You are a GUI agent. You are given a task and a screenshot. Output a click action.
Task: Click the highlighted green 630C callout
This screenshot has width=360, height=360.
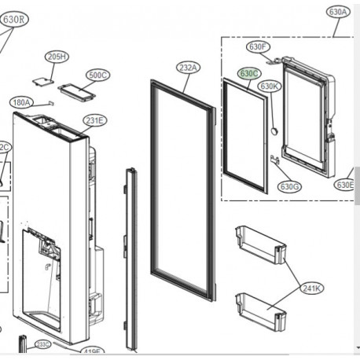click(249, 73)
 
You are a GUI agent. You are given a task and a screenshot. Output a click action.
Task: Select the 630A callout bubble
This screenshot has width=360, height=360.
click(337, 12)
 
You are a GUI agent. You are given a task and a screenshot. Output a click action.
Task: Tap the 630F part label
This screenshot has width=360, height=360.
click(257, 47)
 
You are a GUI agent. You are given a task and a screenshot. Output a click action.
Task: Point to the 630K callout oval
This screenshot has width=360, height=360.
click(270, 86)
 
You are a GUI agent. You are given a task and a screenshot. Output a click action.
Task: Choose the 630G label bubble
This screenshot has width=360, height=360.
click(290, 186)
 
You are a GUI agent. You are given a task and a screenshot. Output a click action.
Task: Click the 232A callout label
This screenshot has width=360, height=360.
click(189, 68)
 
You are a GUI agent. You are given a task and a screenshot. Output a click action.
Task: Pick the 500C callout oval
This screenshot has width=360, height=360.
click(97, 75)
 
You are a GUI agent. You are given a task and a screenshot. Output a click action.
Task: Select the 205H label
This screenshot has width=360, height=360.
click(57, 57)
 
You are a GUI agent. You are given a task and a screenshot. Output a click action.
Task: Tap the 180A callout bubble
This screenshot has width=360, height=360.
click(21, 102)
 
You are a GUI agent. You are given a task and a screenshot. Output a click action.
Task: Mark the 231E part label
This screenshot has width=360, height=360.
click(95, 120)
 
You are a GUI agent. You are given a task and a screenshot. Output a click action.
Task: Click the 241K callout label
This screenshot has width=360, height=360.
click(311, 288)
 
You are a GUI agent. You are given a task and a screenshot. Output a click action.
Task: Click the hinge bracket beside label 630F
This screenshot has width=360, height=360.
click(274, 57)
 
